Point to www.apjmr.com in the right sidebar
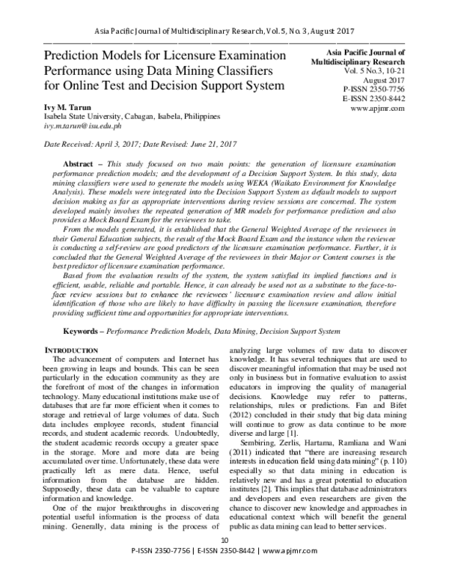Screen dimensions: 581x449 point(376,108)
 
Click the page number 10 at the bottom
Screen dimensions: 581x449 point(224,561)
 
